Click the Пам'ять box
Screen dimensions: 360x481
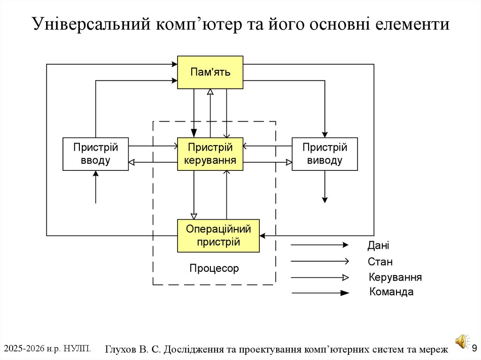[210, 72]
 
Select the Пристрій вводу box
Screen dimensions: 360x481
[95, 154]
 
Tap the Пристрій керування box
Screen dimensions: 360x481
[210, 154]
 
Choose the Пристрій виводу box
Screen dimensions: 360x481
[325, 154]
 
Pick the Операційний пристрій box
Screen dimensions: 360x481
[218, 236]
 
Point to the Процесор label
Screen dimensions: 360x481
[214, 268]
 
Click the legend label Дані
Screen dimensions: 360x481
[378, 245]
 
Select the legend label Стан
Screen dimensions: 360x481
[380, 261]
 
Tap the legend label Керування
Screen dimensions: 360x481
[395, 277]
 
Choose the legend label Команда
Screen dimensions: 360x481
[391, 292]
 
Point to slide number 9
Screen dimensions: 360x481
[474, 348]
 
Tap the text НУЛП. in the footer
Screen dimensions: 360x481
[77, 348]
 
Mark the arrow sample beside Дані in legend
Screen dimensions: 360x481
[319, 245]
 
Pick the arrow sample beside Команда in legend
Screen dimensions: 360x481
[320, 293]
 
